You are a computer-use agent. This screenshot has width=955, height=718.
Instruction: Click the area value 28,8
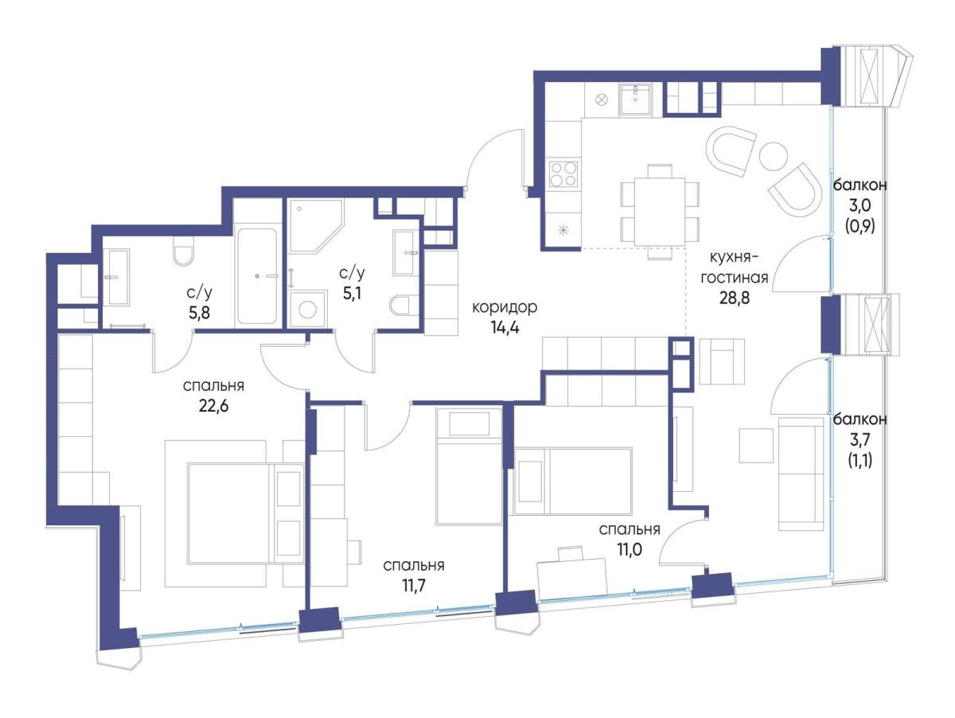pos(734,298)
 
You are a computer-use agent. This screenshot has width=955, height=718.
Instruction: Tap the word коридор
pos(505,307)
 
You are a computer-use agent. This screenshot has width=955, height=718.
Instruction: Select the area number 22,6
pos(213,405)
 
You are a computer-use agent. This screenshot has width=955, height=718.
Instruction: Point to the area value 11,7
pos(413,585)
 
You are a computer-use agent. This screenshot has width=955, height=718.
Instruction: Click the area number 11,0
pos(630,549)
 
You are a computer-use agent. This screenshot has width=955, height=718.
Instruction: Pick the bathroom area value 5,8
pos(199,312)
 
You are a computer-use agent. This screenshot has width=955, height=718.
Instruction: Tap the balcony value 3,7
pos(859,440)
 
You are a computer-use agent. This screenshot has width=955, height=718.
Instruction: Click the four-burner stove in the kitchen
pos(564,174)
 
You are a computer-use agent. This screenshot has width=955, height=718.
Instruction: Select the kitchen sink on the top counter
pos(636,100)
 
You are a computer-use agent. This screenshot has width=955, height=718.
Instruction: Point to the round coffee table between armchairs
pos(773,156)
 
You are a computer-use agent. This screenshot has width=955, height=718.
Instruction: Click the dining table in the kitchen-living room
pos(660,212)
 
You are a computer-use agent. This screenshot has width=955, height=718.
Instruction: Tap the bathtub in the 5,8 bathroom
pos(257,276)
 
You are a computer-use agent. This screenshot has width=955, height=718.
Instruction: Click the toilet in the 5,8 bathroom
pos(182,251)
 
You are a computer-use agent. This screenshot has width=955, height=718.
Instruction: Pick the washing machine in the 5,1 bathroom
pos(307,309)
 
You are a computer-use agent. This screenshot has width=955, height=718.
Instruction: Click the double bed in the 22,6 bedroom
pos(246,513)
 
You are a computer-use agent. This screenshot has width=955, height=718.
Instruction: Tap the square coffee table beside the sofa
pos(756,445)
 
